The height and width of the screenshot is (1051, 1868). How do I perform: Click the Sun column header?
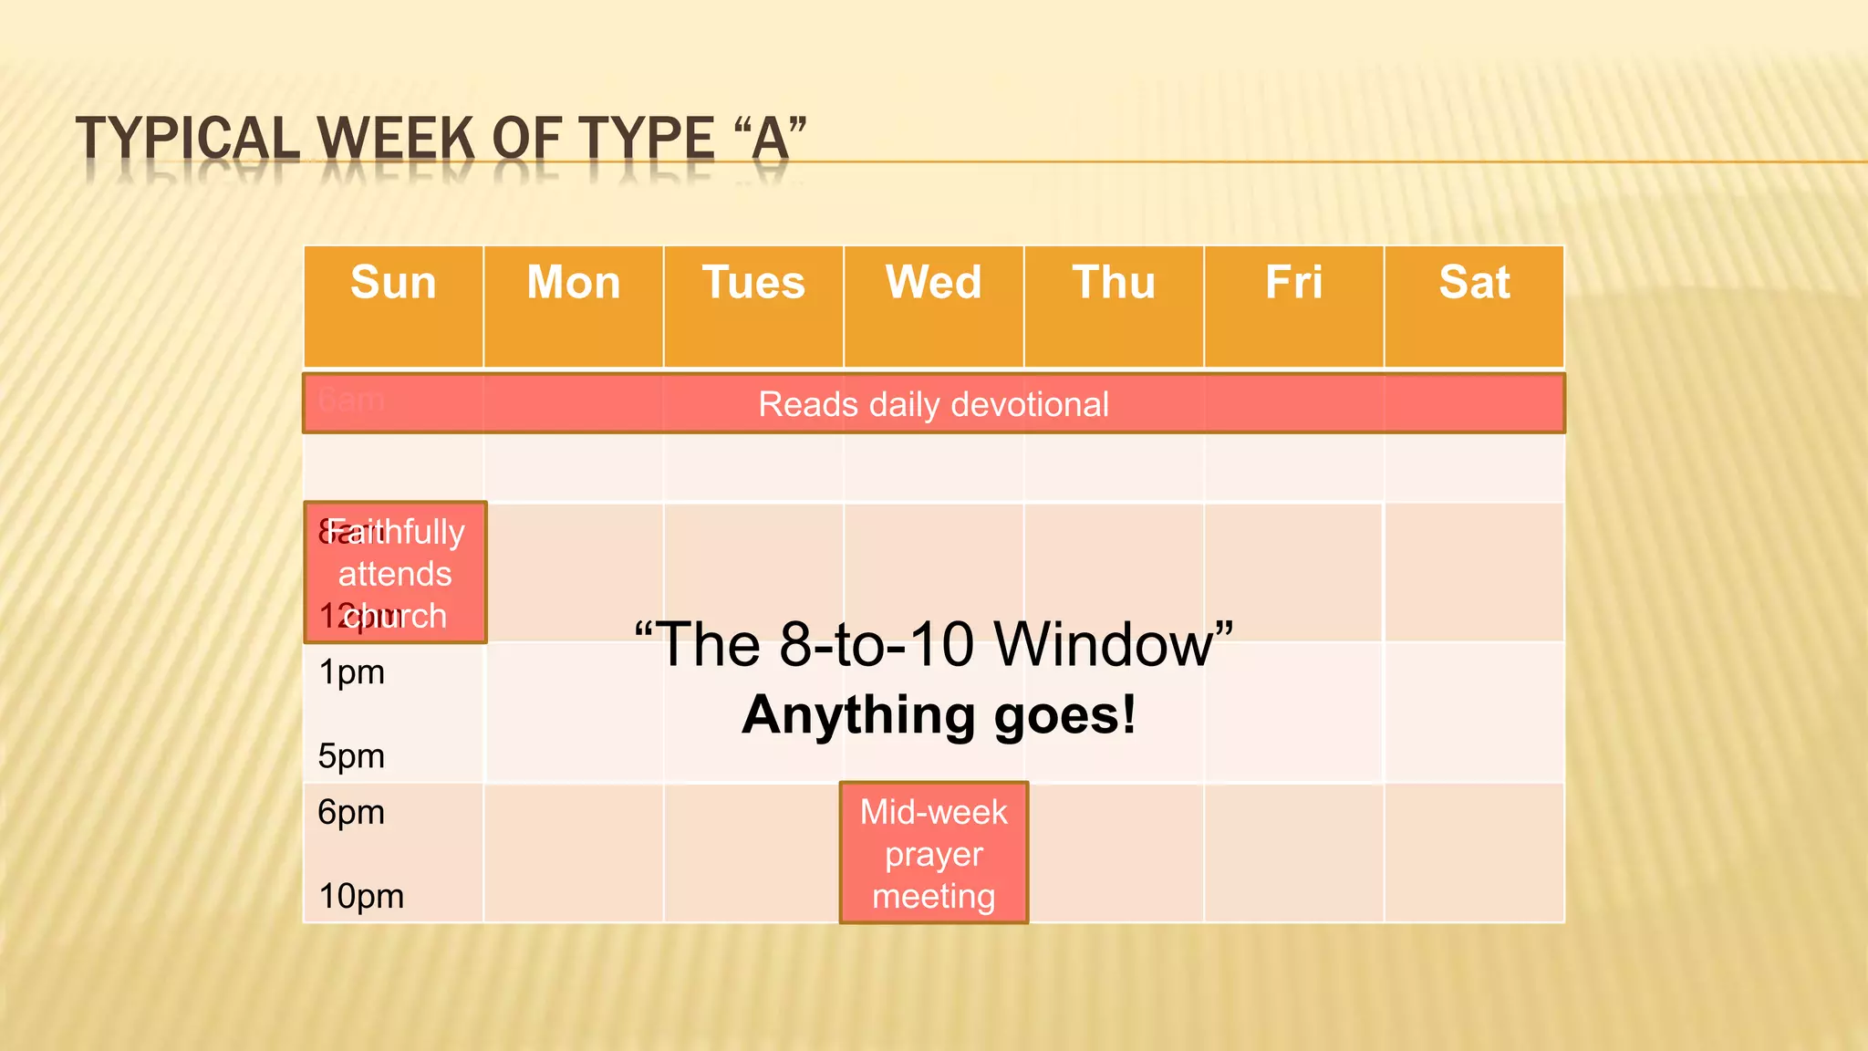[x=393, y=283]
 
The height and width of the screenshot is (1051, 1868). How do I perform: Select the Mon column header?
[x=573, y=283]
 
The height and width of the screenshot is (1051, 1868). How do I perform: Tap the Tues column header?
[x=753, y=283]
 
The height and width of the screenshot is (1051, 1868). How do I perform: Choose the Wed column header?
[x=933, y=283]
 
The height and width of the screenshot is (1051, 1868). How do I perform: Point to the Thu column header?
[x=1114, y=283]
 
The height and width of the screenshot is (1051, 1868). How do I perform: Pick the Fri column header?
[x=1293, y=283]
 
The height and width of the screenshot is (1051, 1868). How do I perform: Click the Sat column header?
[x=1474, y=283]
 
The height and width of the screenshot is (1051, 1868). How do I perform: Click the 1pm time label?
[x=351, y=673]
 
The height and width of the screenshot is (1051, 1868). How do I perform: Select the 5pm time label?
[x=351, y=756]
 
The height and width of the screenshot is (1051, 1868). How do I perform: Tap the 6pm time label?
[x=351, y=812]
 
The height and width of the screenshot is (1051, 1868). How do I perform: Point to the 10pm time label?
[x=361, y=897]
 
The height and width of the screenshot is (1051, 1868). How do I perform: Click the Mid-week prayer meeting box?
[x=934, y=853]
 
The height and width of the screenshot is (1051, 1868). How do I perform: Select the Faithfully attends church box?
[x=395, y=573]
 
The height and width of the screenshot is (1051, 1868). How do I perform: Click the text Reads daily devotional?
[x=933, y=404]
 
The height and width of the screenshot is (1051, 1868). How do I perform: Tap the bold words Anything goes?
[x=939, y=714]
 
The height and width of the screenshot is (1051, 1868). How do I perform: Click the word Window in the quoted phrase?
[x=1113, y=645]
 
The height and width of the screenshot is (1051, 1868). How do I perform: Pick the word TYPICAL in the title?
[x=188, y=140]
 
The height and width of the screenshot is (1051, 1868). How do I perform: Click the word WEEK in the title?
[x=396, y=140]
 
